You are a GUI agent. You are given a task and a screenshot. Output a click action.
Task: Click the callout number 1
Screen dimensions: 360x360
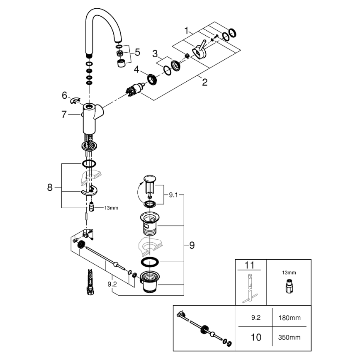(x=187, y=30)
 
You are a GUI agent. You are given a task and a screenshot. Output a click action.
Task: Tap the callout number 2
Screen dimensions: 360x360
(x=204, y=82)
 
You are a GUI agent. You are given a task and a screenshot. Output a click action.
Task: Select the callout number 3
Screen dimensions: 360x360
(x=155, y=54)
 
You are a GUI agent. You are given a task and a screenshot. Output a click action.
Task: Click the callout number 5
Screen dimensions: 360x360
(x=137, y=53)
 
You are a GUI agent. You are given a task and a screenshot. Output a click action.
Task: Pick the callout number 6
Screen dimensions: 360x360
(x=64, y=95)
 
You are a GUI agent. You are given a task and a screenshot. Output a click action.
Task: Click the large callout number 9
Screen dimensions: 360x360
(x=192, y=246)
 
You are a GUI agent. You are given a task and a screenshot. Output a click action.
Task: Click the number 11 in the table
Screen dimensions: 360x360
(x=250, y=265)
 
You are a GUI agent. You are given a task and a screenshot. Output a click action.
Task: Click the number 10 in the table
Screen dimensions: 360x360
(x=256, y=337)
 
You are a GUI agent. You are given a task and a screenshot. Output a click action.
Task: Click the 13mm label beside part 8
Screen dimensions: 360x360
(x=111, y=208)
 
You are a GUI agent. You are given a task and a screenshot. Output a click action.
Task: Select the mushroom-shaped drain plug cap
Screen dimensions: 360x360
(x=150, y=179)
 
